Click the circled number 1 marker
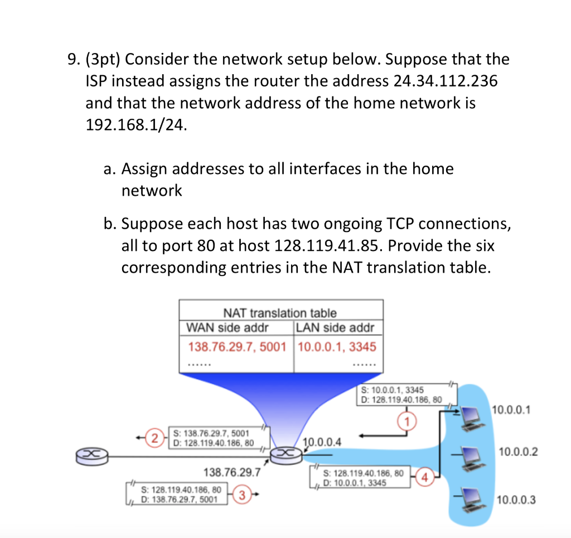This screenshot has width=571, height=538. [408, 419]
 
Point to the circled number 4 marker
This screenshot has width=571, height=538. [425, 477]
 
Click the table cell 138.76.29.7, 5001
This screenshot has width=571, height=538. [236, 347]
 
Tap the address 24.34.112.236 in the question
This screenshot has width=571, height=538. [446, 81]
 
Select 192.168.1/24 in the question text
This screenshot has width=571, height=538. [133, 125]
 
